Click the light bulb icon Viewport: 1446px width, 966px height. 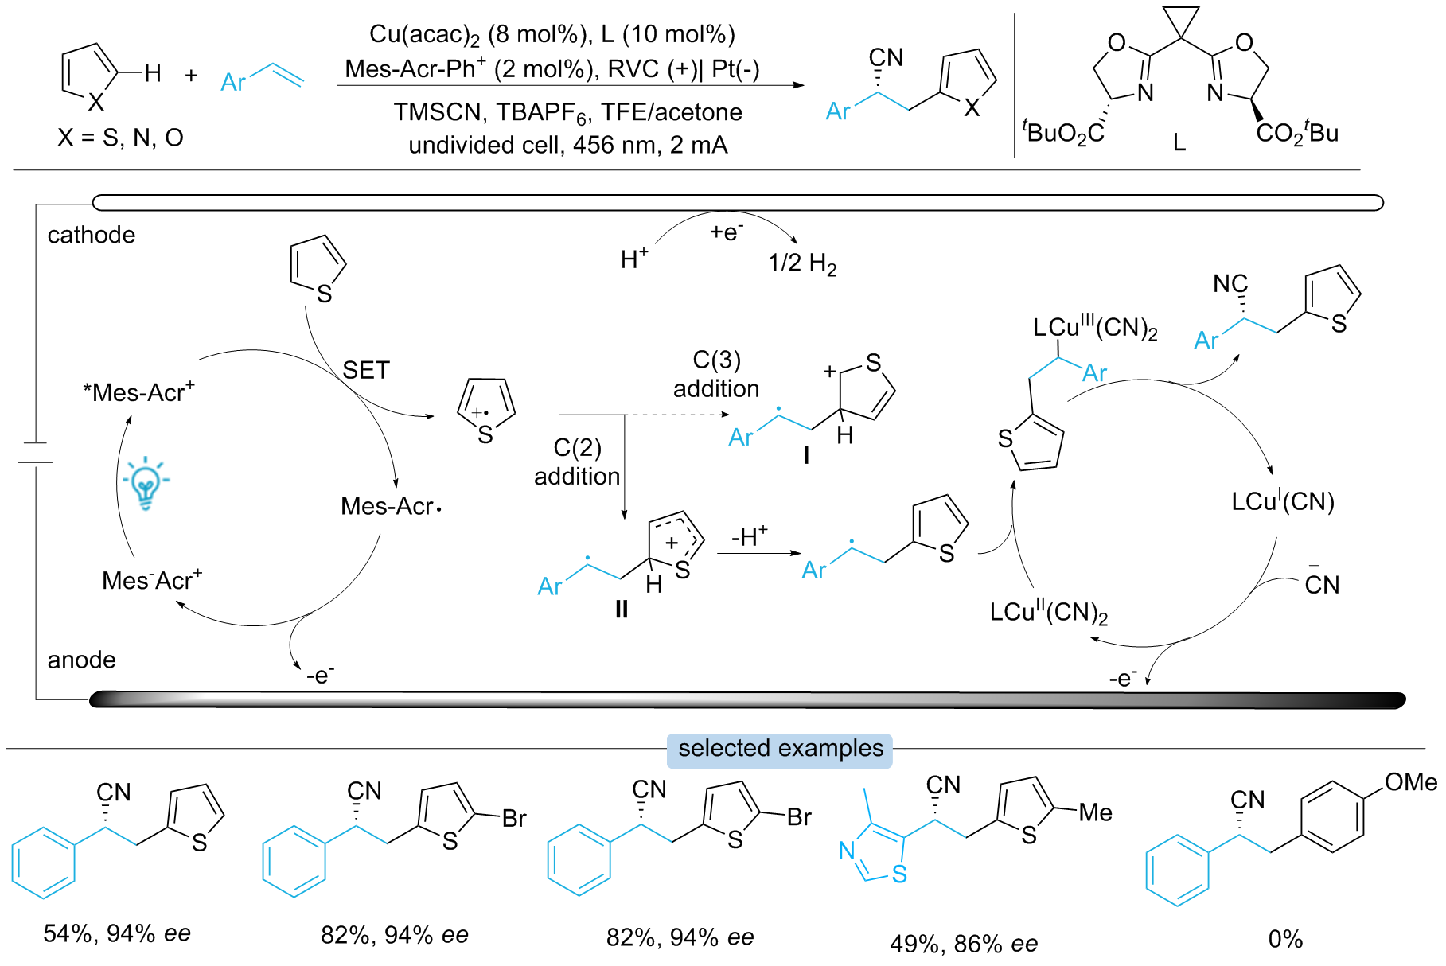coord(146,482)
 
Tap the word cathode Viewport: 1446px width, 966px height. coord(92,235)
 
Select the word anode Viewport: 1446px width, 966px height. coord(81,660)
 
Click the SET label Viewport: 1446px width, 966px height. coord(366,370)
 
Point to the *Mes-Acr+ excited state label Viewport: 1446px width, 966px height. coord(138,392)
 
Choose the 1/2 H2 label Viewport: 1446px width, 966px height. coord(801,263)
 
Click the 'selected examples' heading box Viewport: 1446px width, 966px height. coord(780,750)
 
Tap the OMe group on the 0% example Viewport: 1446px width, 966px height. coord(1410,783)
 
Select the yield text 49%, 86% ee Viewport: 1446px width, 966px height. coord(963,944)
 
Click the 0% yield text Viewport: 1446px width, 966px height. coord(1284,940)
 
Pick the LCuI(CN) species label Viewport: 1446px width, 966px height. coord(1282,501)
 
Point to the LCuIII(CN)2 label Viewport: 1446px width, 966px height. coord(1094,328)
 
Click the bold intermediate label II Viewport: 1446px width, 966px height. coord(622,610)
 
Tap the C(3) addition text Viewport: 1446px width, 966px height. coord(716,374)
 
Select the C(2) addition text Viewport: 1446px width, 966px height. coord(577,462)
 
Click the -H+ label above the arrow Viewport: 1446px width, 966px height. coord(749,537)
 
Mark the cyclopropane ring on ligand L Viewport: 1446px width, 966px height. coord(1181,22)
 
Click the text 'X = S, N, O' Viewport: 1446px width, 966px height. coord(120,138)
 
